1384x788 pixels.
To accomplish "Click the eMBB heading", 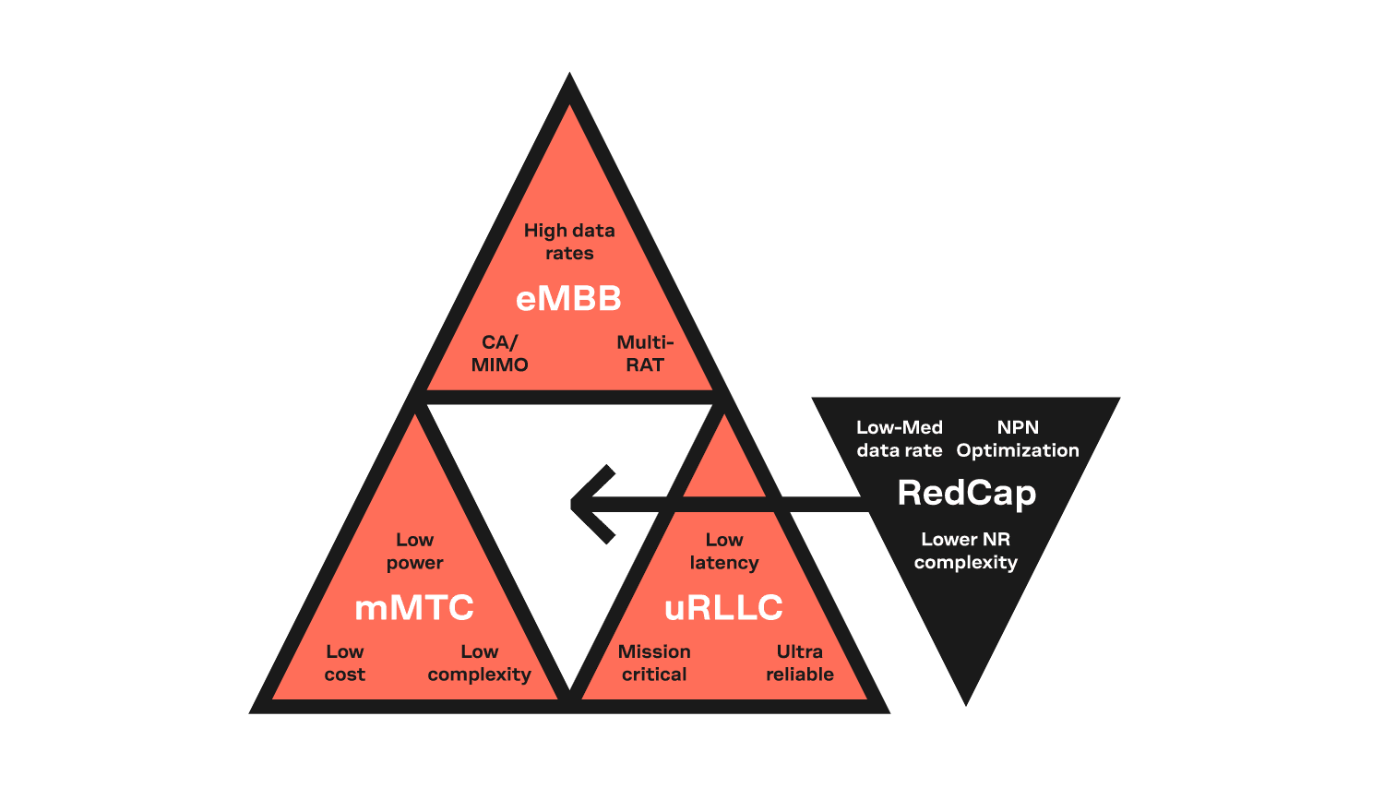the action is click(x=568, y=299).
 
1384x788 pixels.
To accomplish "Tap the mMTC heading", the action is click(x=414, y=608).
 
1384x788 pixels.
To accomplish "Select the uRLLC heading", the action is click(x=723, y=608).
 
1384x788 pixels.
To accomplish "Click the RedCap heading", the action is click(x=966, y=495).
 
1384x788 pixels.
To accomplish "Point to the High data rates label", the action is click(x=569, y=242).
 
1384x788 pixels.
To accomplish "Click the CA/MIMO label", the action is click(x=500, y=353).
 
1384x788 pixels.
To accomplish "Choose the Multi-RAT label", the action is click(x=645, y=353).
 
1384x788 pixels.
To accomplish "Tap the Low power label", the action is click(x=414, y=552).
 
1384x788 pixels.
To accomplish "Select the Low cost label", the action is click(x=345, y=663).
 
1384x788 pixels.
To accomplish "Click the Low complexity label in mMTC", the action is click(x=480, y=663).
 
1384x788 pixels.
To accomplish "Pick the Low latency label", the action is click(x=724, y=551).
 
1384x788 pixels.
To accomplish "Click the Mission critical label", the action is click(x=654, y=663).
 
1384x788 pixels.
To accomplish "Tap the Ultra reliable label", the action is click(x=800, y=663).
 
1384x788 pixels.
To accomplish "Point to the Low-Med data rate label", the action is click(x=900, y=439).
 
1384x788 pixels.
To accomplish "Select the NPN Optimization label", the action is click(x=1018, y=439).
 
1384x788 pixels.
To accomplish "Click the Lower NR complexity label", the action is click(x=966, y=551).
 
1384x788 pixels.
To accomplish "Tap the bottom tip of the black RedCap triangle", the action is click(x=966, y=705).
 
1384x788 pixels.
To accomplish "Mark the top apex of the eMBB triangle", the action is click(x=569, y=73).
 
